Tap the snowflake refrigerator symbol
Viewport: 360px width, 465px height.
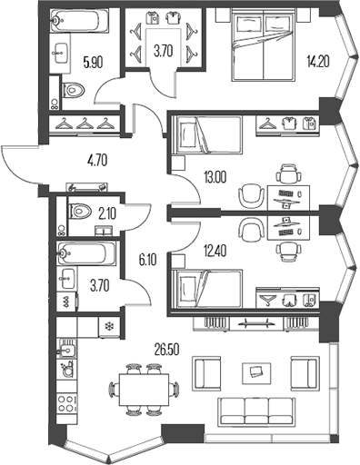[109, 326]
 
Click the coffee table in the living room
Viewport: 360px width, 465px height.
[254, 371]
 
